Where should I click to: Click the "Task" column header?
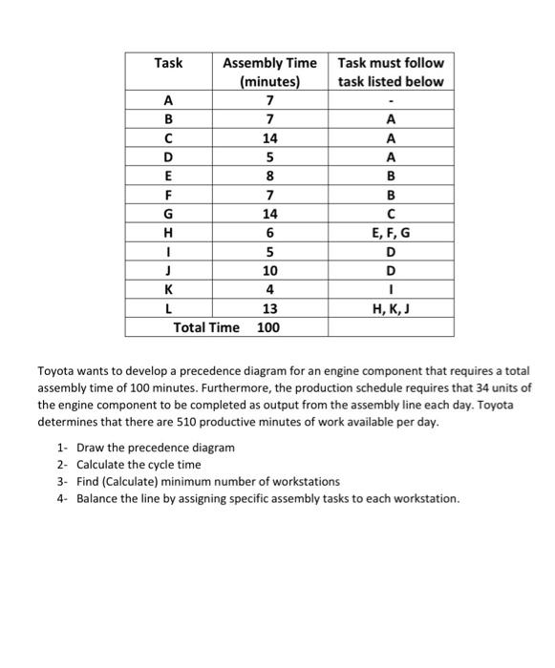[x=168, y=63]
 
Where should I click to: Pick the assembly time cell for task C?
[x=270, y=137]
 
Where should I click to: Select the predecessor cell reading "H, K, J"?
[x=390, y=308]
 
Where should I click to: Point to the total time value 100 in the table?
[x=268, y=327]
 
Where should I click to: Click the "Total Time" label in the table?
[x=206, y=327]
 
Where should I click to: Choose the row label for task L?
[x=169, y=308]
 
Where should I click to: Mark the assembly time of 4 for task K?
[x=270, y=290]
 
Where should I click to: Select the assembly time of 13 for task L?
[x=270, y=308]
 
